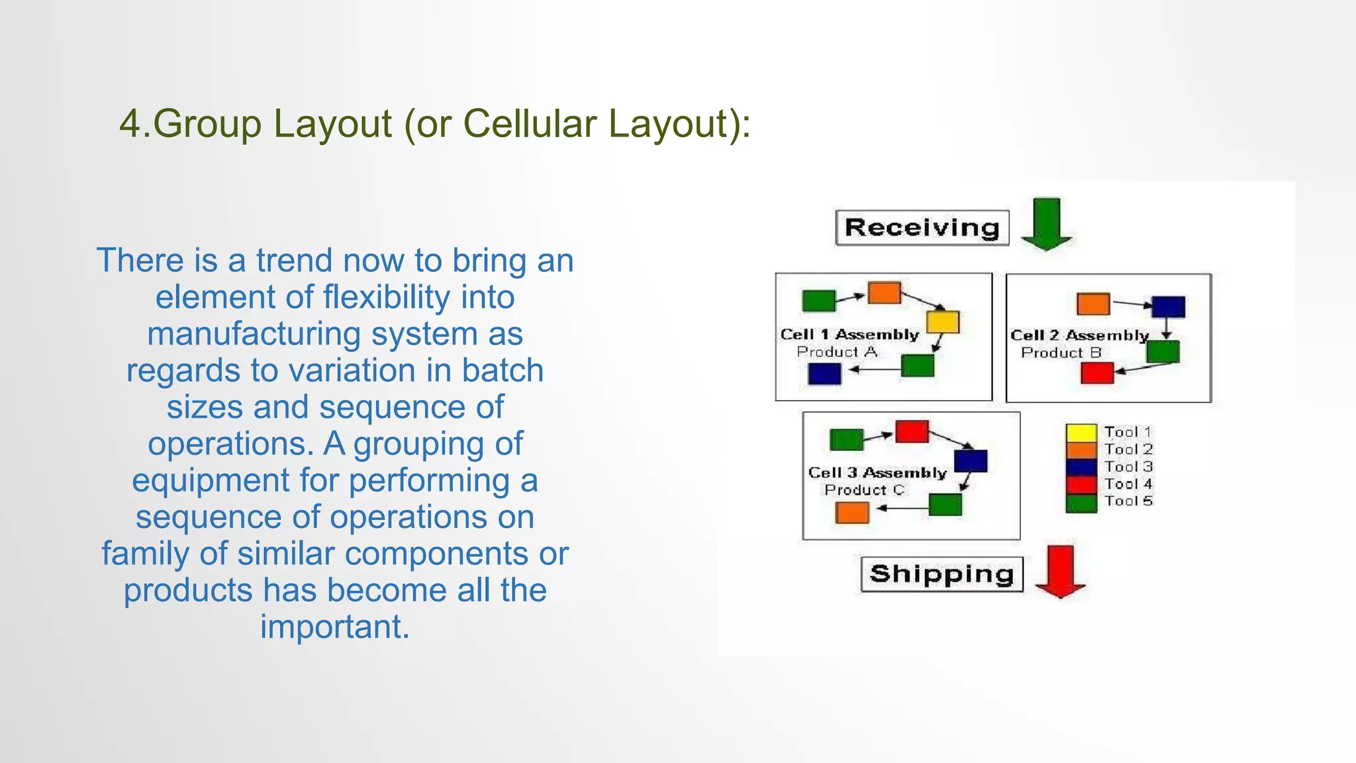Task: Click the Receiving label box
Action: pos(922,228)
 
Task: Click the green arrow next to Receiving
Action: pos(1046,224)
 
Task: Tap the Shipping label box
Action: pos(942,574)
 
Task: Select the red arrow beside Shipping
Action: pos(1061,571)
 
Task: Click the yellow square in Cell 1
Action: pos(943,322)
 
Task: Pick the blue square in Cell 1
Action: pos(824,374)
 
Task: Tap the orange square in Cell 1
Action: pos(884,293)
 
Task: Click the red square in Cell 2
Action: pos(1097,373)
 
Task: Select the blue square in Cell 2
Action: pos(1168,307)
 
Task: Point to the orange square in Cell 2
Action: pos(1093,304)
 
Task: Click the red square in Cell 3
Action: pos(912,432)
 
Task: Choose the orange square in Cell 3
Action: pos(852,512)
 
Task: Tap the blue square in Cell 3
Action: pos(971,461)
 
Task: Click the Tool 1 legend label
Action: pos(1128,432)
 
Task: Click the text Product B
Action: pos(1061,353)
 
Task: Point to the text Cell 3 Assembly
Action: pos(877,473)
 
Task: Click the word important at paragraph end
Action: pos(334,627)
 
